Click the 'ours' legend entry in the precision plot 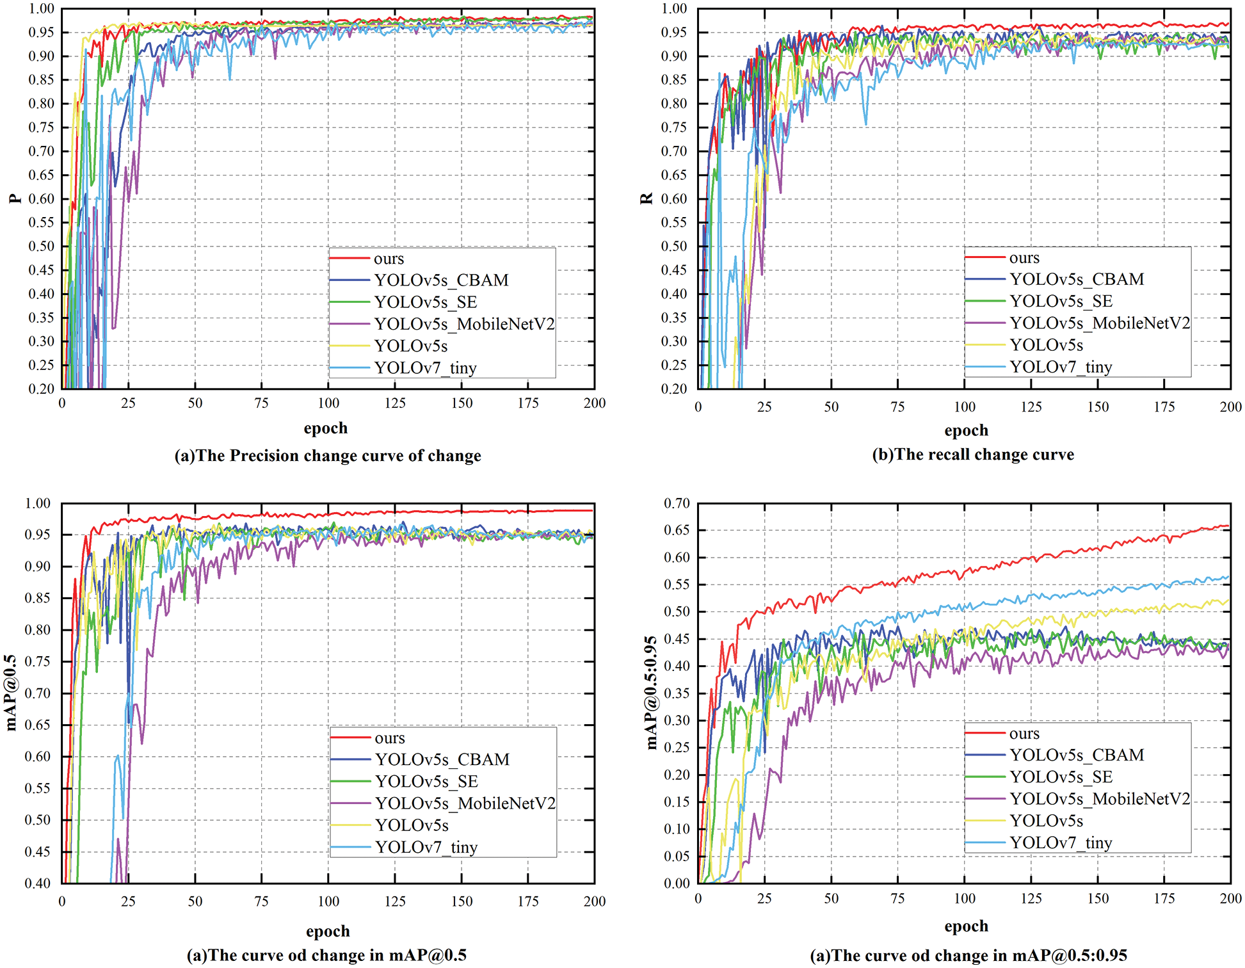(389, 259)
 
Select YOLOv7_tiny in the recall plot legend (1061, 367)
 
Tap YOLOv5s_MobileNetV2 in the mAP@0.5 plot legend (465, 803)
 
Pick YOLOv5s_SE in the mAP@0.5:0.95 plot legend (1061, 777)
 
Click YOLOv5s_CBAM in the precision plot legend (441, 280)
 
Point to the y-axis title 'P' (16, 198)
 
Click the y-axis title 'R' (647, 198)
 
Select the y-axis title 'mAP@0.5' (12, 693)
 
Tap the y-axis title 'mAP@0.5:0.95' (651, 693)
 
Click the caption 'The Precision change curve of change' (328, 456)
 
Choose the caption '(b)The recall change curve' (973, 455)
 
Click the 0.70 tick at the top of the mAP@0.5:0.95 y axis (677, 503)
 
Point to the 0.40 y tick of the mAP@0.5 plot (38, 883)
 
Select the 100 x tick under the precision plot (328, 403)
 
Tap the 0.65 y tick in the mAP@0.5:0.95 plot (677, 530)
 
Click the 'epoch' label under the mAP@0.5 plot (328, 931)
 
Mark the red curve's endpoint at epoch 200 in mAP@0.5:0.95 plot (1228, 526)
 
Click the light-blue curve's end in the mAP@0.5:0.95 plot (1228, 576)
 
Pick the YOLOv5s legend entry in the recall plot (1046, 345)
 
